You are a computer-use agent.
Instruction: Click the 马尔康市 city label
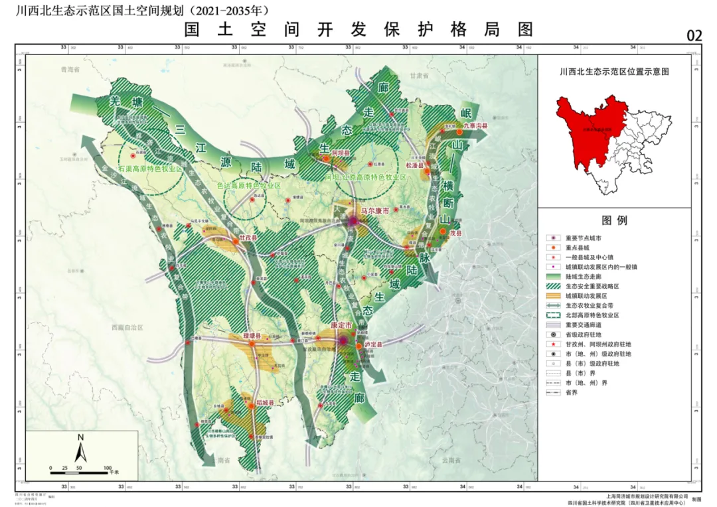tap(375, 212)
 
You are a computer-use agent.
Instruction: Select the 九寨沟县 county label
tap(475, 125)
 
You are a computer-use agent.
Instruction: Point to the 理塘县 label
tap(254, 336)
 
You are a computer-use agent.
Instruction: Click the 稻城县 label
tap(264, 403)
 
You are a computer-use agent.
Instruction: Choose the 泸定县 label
tap(372, 345)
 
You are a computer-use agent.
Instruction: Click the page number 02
tap(694, 36)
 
